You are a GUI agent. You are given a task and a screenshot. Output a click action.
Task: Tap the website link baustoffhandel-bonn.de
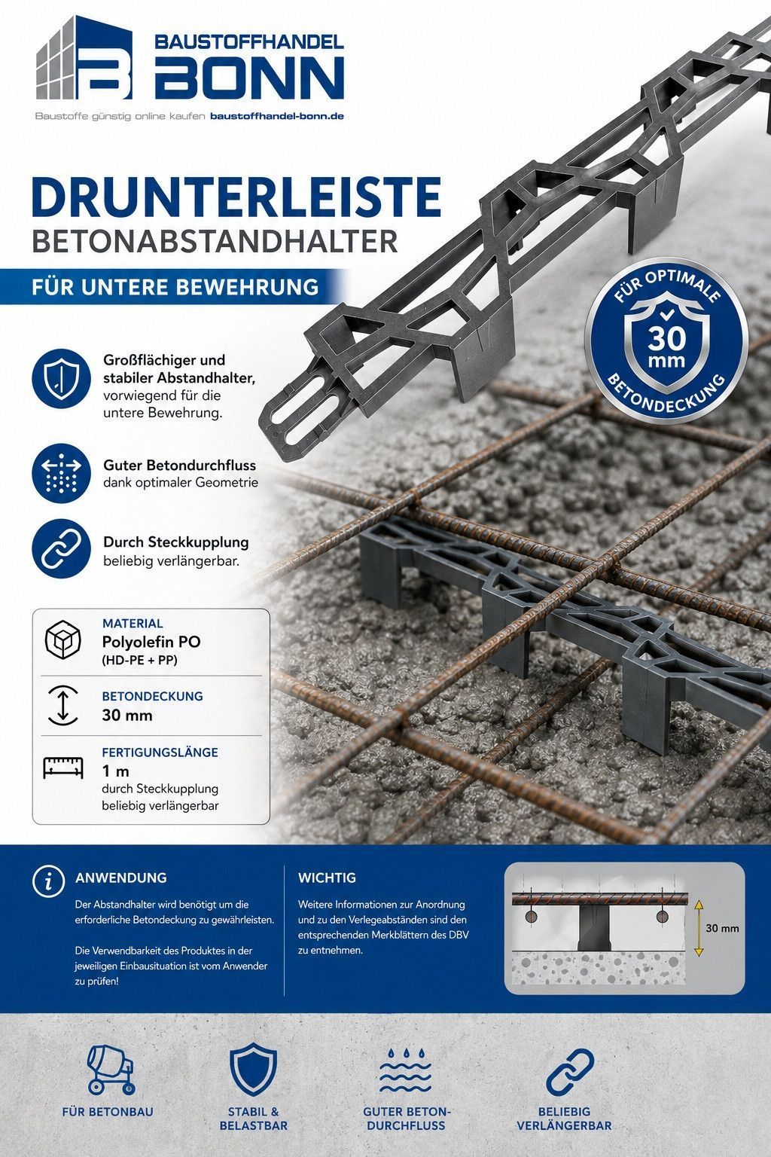277,116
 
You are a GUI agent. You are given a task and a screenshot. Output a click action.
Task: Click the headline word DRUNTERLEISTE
236,197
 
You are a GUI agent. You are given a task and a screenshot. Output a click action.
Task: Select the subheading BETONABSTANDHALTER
215,241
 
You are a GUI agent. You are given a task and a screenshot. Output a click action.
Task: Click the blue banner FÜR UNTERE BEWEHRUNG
175,287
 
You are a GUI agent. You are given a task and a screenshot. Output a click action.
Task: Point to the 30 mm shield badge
666,340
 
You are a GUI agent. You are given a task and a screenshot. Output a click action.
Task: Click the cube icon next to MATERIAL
63,640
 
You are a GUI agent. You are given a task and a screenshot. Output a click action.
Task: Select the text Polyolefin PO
151,642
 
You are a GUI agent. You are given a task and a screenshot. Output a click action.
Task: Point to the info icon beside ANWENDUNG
48,881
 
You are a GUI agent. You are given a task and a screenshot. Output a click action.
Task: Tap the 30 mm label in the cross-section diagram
722,928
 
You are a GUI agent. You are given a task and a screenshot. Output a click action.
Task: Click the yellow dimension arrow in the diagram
699,928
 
